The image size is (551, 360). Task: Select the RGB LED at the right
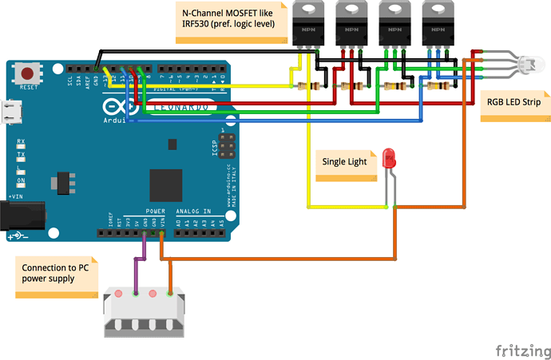[x=528, y=63]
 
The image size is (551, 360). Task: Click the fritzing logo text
[x=518, y=350]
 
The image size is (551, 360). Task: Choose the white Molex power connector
[x=144, y=307]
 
